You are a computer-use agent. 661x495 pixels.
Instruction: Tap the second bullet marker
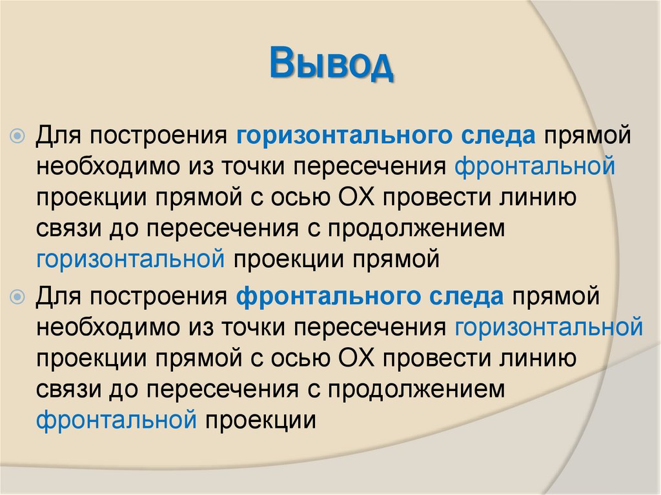[19, 298]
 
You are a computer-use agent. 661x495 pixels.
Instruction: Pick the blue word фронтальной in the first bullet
[535, 167]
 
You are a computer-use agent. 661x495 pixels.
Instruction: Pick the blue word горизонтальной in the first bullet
[130, 259]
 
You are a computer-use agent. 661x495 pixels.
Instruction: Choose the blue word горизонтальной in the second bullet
[549, 328]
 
